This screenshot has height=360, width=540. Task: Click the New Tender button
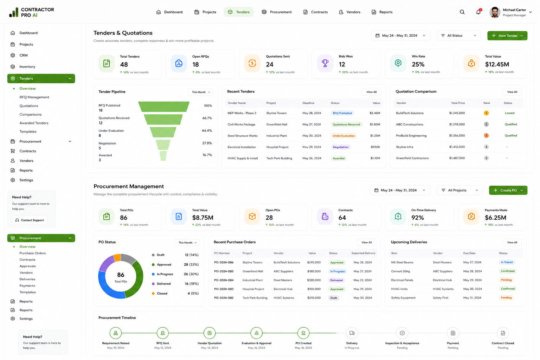(507, 36)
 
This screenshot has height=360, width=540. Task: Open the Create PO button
(508, 190)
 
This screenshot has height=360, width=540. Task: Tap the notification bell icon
(478, 12)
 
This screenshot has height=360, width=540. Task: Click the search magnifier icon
(462, 12)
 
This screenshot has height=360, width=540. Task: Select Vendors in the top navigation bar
(349, 12)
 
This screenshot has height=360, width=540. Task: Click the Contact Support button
(30, 220)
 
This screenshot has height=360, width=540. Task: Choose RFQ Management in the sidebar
(34, 97)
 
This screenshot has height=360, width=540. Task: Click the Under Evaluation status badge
(344, 136)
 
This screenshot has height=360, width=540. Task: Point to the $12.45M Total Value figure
(497, 64)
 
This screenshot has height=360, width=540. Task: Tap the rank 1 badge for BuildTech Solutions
(486, 113)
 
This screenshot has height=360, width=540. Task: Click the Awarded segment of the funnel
(163, 156)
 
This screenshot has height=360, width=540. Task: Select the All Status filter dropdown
(458, 36)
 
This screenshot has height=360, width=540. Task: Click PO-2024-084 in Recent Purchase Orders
(224, 280)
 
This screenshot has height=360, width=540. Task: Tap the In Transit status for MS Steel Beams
(507, 262)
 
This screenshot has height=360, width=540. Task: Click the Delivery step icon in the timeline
(352, 333)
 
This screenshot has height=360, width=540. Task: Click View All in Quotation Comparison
(512, 92)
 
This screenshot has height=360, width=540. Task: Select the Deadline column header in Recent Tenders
(308, 103)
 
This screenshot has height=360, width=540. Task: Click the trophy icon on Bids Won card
(325, 63)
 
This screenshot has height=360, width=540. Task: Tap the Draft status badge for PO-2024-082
(334, 298)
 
